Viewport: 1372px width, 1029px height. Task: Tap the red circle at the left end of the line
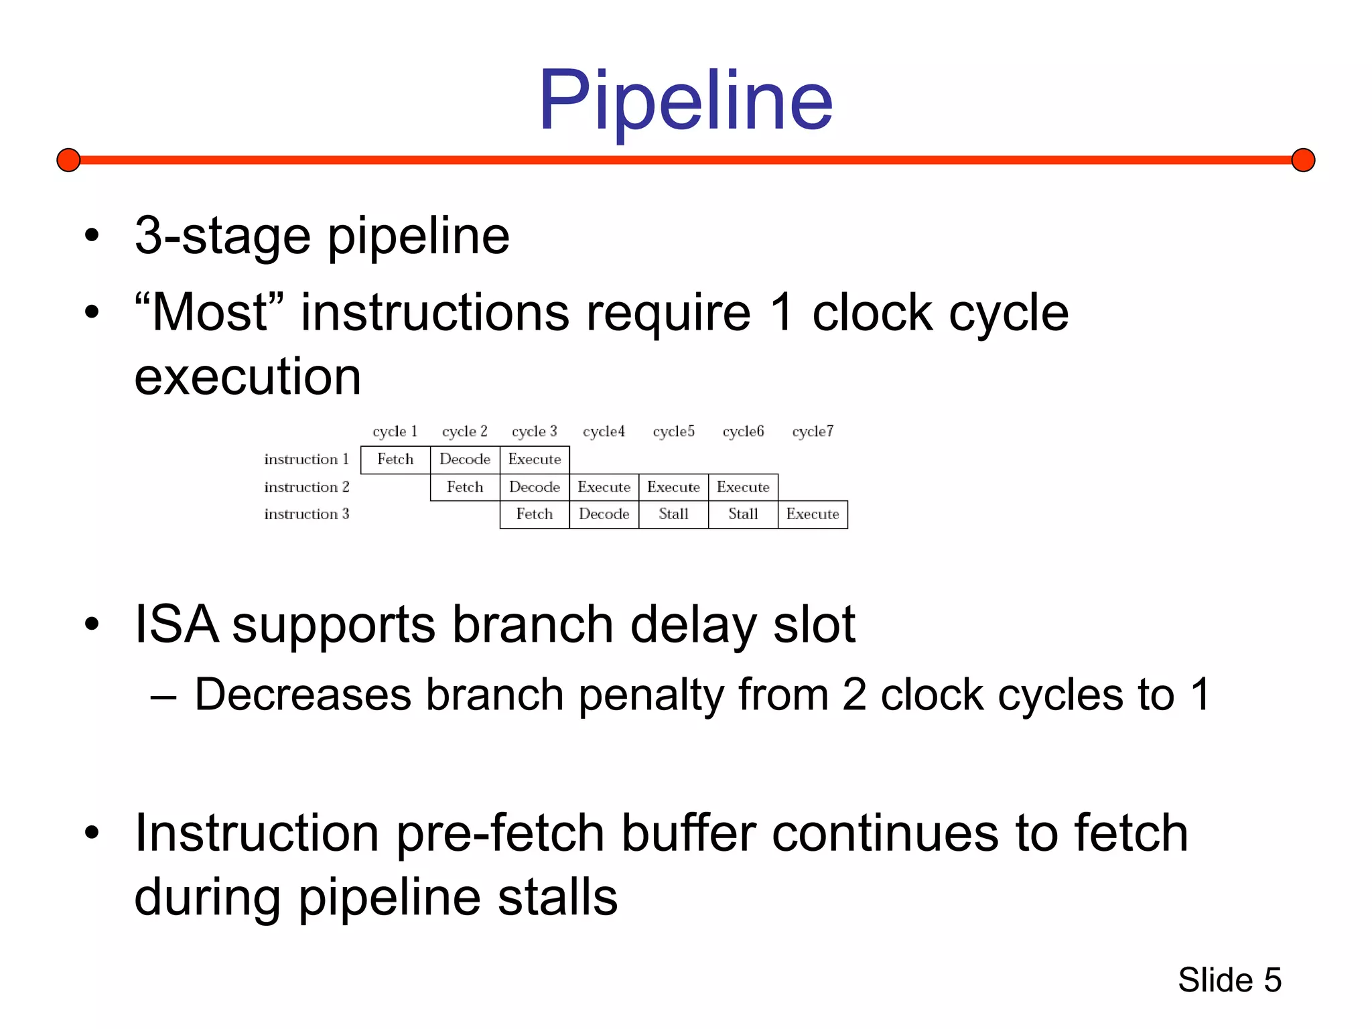(x=68, y=160)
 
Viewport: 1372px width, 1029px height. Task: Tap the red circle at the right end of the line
(x=1303, y=160)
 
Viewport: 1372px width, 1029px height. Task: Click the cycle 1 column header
(x=395, y=431)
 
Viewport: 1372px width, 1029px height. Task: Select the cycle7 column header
(x=813, y=431)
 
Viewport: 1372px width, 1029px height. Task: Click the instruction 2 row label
(x=307, y=487)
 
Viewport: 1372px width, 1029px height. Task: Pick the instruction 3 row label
(x=307, y=514)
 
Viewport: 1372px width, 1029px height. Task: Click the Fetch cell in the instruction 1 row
(x=395, y=460)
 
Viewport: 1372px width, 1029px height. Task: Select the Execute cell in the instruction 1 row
(x=535, y=460)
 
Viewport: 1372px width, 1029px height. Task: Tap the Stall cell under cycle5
(x=673, y=514)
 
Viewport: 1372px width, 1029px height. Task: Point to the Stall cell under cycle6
(x=743, y=514)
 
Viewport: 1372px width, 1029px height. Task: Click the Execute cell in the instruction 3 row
(x=813, y=514)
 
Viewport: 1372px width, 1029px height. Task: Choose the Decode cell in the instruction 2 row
(x=535, y=487)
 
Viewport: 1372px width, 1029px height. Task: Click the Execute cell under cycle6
(x=743, y=487)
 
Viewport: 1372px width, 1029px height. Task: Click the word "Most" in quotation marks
(x=210, y=312)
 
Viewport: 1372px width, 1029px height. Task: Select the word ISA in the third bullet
(x=176, y=624)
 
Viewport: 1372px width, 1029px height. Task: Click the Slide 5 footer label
(x=1229, y=980)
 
